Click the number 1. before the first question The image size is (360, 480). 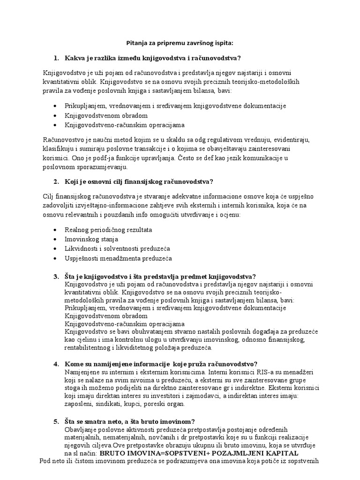(x=56, y=58)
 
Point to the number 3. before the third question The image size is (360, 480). (x=56, y=276)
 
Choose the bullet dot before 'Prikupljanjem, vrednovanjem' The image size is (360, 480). (x=56, y=106)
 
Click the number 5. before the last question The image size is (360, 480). (x=56, y=421)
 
